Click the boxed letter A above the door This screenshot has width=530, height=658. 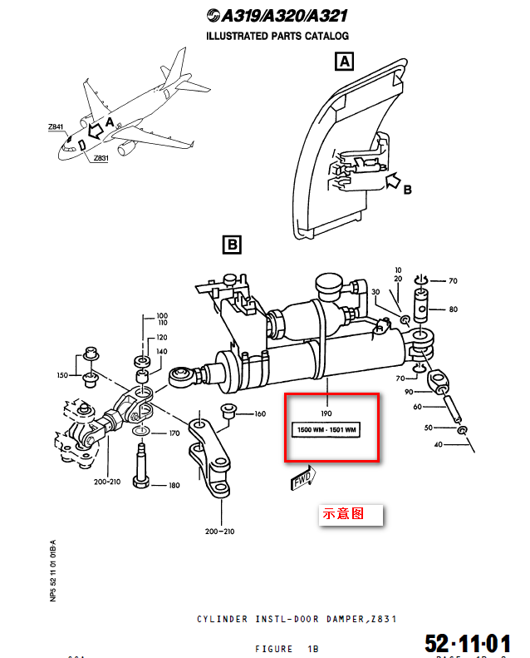344,62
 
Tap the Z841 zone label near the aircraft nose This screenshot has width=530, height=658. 56,127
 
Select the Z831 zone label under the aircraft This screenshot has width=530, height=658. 101,158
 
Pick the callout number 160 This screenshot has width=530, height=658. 259,413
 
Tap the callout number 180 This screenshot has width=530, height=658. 174,486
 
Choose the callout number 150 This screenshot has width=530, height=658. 63,376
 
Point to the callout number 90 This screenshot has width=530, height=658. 409,392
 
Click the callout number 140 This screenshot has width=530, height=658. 162,353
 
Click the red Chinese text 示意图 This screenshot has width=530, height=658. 343,514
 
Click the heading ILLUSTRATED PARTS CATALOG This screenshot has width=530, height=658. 277,36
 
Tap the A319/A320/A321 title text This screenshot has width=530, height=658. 277,16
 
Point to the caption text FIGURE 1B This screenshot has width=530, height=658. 286,649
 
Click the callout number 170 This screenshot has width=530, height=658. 174,433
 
